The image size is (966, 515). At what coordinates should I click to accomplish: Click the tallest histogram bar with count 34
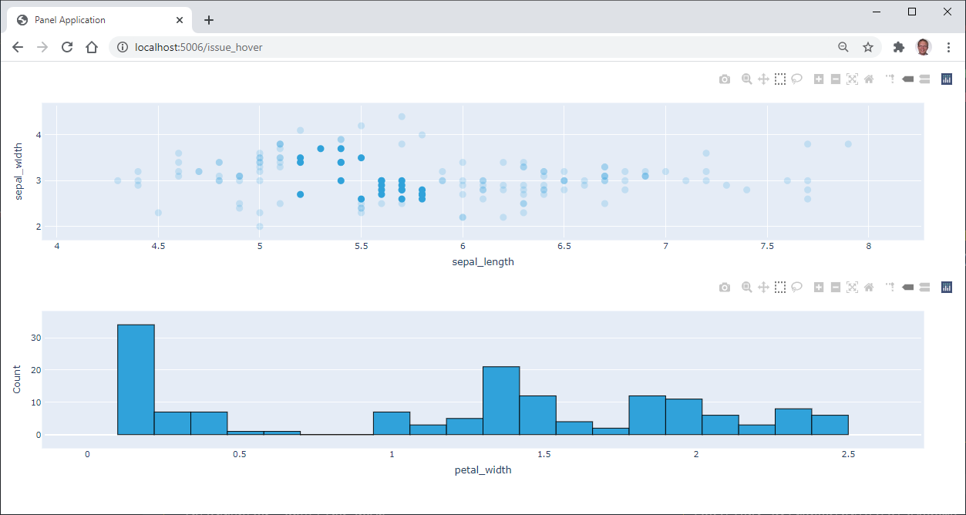[x=136, y=379]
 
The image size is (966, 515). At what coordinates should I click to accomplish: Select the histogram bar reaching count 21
[x=501, y=400]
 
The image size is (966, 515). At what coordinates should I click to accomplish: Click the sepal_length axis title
[x=483, y=261]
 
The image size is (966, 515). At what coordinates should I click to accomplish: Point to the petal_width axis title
[x=483, y=470]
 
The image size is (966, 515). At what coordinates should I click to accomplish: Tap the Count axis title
[x=17, y=379]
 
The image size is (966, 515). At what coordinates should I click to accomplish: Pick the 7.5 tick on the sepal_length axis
[x=767, y=247]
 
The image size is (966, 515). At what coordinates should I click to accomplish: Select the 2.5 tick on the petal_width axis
[x=848, y=454]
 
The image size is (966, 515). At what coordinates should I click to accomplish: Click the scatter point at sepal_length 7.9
[x=848, y=144]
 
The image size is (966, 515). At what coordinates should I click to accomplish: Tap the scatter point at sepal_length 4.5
[x=158, y=213]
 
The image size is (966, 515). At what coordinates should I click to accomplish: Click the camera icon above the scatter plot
[x=724, y=79]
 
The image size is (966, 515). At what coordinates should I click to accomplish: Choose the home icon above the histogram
[x=869, y=288]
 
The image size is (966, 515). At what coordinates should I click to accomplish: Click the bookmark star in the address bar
[x=868, y=47]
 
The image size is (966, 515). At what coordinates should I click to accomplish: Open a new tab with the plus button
[x=208, y=20]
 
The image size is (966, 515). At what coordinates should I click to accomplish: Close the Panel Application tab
[x=180, y=20]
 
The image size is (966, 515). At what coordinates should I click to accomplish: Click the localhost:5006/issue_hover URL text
[x=198, y=47]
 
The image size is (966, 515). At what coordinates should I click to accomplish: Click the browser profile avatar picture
[x=923, y=47]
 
